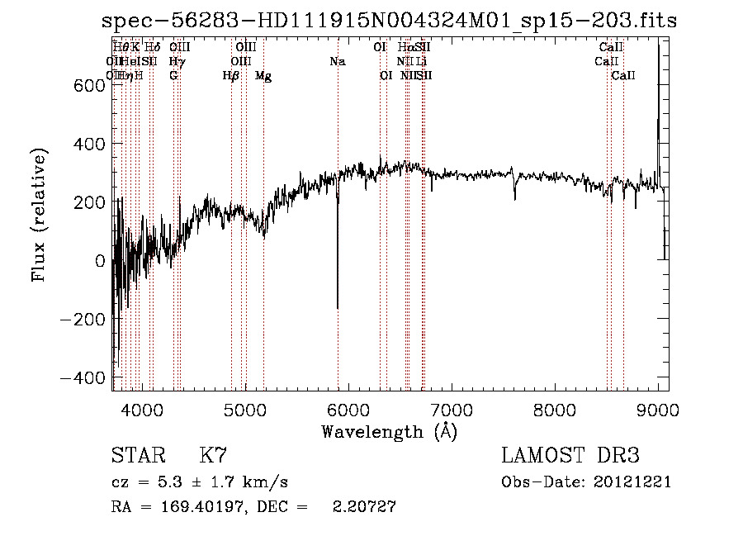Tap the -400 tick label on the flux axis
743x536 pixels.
pyautogui.click(x=82, y=377)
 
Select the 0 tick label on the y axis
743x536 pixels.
pyautogui.click(x=100, y=260)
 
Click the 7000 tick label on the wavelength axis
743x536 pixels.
pyautogui.click(x=452, y=409)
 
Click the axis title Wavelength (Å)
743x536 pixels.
pyautogui.click(x=389, y=431)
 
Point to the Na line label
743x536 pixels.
pyautogui.click(x=337, y=61)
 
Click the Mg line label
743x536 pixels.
pyautogui.click(x=263, y=76)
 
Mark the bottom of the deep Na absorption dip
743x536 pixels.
pyautogui.click(x=338, y=307)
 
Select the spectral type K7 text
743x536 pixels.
pyautogui.click(x=213, y=456)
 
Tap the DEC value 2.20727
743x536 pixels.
pyautogui.click(x=364, y=508)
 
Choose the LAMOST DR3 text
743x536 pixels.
pyautogui.click(x=570, y=456)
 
